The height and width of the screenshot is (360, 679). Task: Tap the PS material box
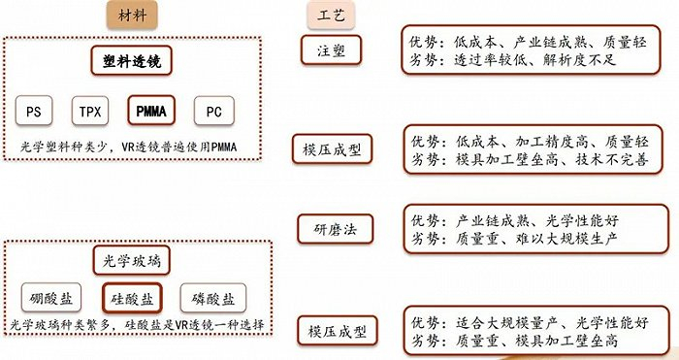click(x=34, y=111)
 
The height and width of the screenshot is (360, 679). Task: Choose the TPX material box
click(x=88, y=111)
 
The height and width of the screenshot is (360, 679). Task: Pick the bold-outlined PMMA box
click(x=148, y=111)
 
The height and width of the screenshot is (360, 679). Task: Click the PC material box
click(x=213, y=111)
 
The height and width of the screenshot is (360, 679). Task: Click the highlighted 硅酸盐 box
click(x=132, y=296)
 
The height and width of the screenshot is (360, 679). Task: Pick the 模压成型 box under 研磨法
click(x=333, y=331)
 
